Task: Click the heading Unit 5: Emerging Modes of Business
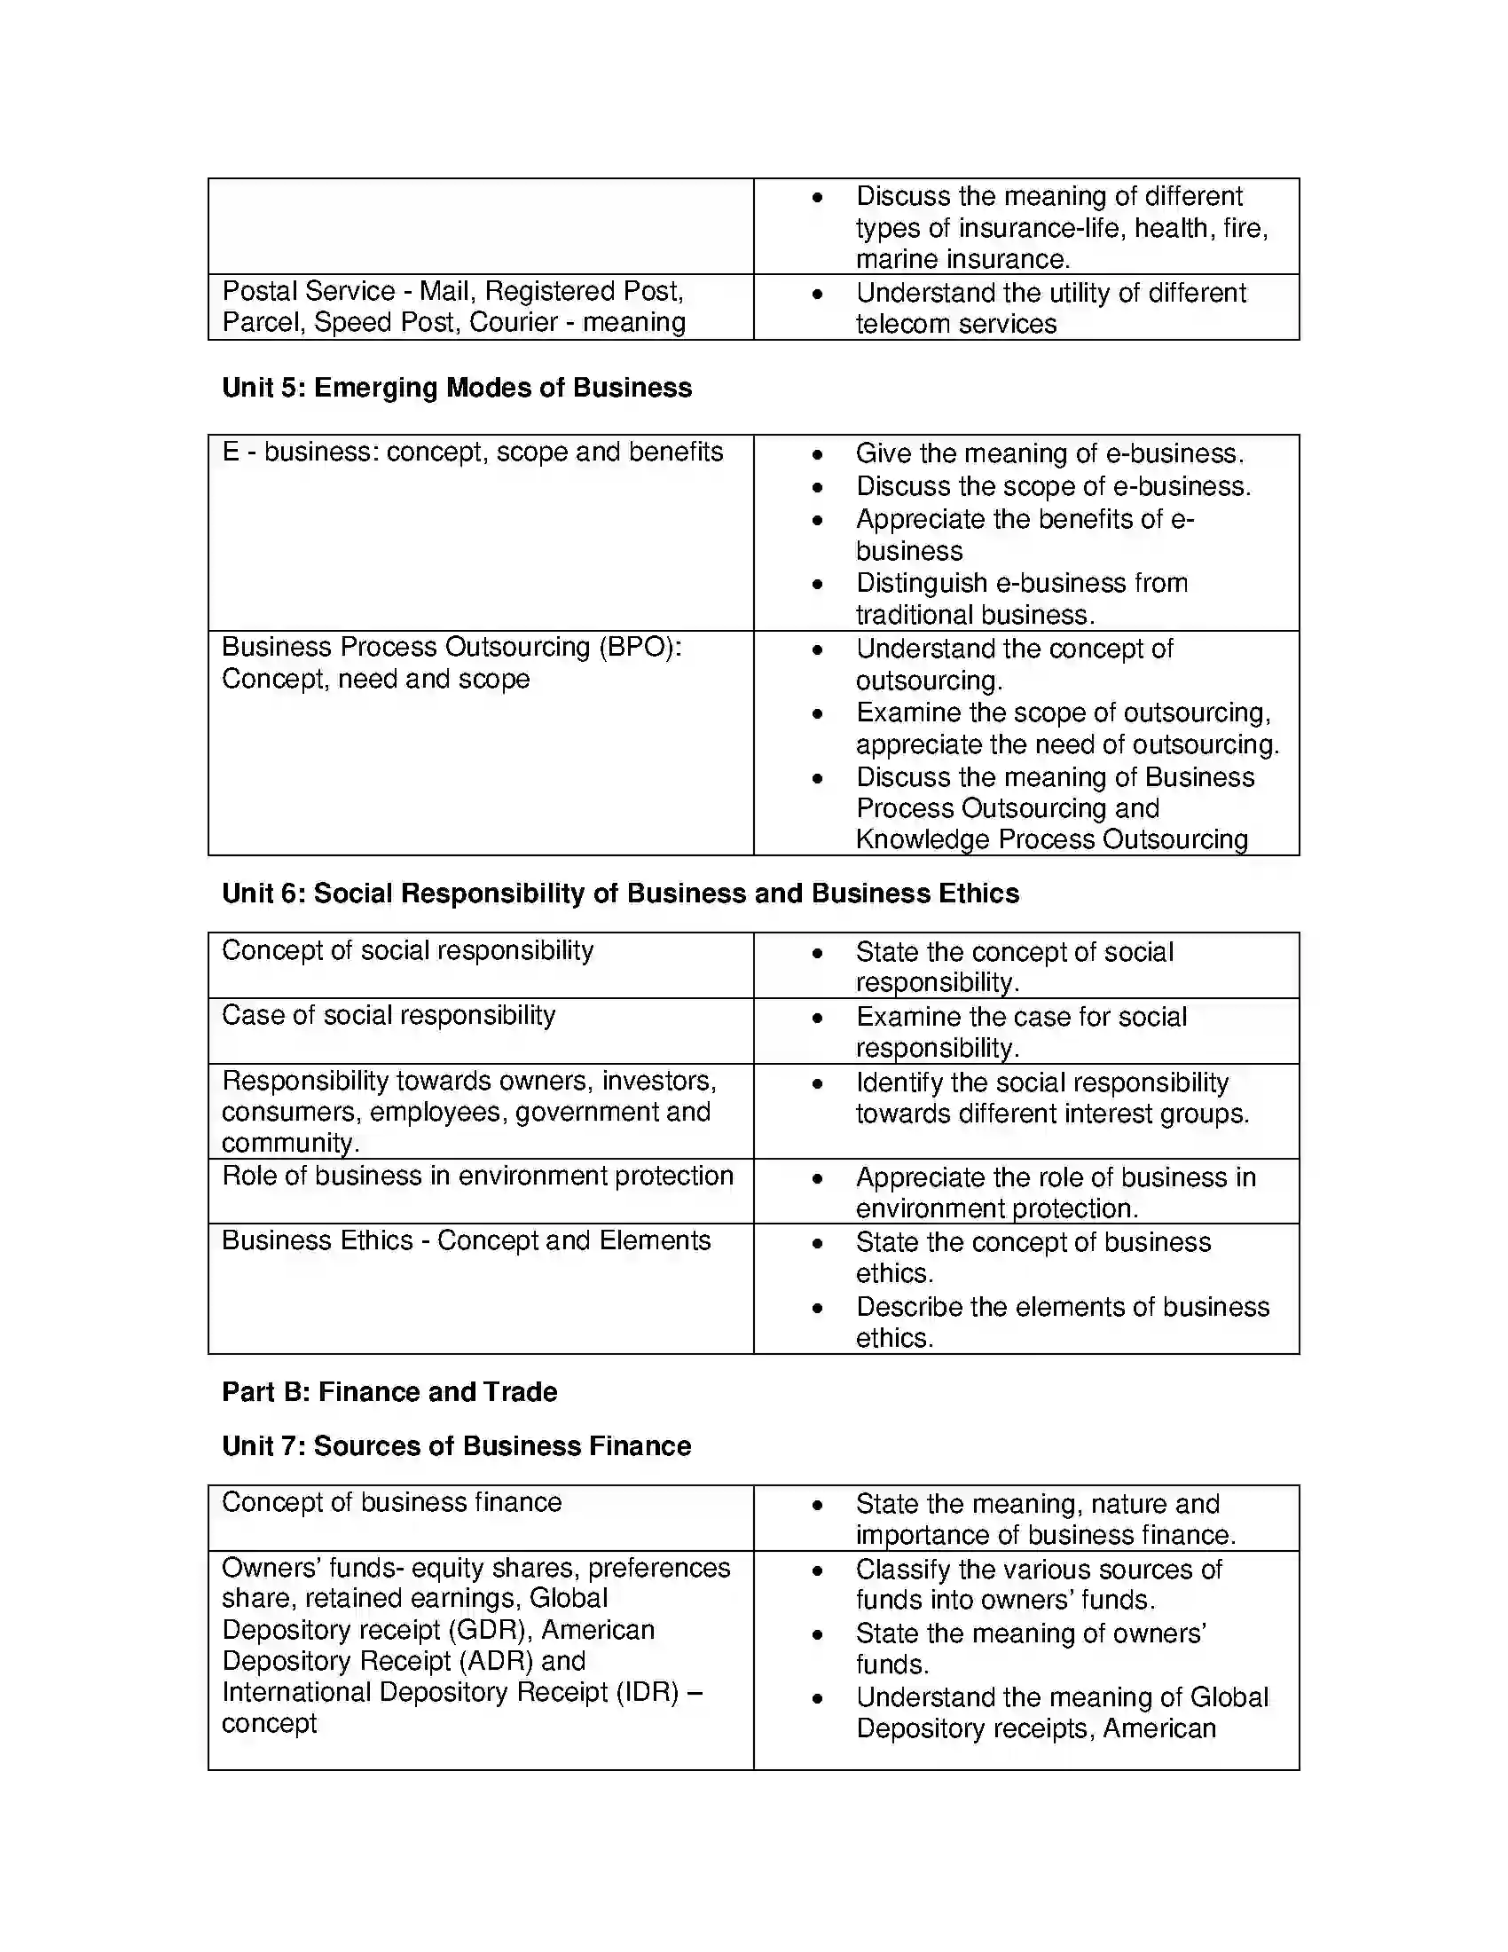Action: (x=457, y=388)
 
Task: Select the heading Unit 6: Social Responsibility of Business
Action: (x=620, y=893)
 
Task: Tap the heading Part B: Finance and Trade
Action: (x=389, y=1391)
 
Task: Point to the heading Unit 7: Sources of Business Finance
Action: (x=457, y=1445)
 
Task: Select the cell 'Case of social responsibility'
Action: (x=389, y=1015)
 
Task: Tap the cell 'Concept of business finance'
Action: (x=391, y=1502)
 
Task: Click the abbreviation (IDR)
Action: (x=648, y=1693)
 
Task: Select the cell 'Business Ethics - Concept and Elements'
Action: (x=466, y=1240)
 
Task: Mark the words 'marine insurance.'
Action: (x=962, y=259)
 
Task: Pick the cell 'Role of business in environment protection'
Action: (x=477, y=1176)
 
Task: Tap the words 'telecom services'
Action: (x=956, y=324)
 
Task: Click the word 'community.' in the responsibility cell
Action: (x=290, y=1143)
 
